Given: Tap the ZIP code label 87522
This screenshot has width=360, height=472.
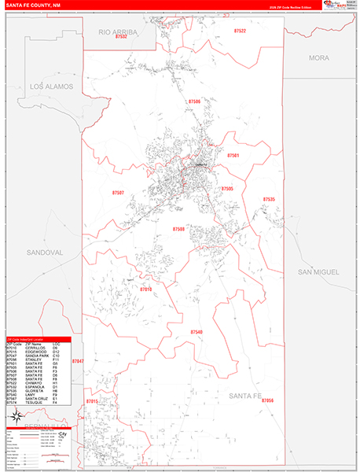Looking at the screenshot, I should pos(240,31).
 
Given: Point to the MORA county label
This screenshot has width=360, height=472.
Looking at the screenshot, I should pos(319,58).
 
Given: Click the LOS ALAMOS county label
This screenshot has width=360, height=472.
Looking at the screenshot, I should pos(51,86).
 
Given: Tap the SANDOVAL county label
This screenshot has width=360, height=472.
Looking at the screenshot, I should pos(43,253).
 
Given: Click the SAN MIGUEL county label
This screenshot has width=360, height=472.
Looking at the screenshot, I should pos(318,271).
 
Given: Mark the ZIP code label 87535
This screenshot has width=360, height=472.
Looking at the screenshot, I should pos(269,200).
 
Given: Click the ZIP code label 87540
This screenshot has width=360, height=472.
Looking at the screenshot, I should pos(196,333).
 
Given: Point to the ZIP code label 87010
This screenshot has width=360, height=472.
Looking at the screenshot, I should pos(145,289).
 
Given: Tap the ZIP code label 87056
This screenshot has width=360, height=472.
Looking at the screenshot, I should pos(267,401).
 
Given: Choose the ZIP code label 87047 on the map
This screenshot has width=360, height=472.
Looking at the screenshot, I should pos(77,360).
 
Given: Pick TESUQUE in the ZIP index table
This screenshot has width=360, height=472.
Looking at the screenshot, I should pos(35,403).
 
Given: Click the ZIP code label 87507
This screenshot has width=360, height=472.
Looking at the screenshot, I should pos(118,192).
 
